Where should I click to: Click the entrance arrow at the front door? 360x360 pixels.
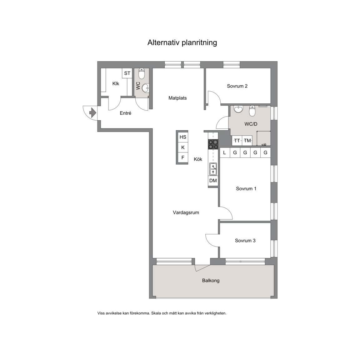[92, 113]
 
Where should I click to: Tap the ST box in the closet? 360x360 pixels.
[127, 73]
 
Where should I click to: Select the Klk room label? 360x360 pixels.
[116, 84]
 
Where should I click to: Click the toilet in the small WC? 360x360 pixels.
[142, 73]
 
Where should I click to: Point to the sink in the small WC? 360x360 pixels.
[145, 88]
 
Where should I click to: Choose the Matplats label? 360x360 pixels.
[177, 98]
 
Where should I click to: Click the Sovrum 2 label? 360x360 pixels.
[237, 86]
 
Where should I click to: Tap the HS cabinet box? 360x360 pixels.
[183, 137]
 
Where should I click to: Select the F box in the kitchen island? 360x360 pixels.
[183, 157]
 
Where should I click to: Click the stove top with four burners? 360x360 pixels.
[213, 144]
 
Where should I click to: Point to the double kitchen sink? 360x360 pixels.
[213, 169]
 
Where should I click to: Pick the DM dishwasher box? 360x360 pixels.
[213, 181]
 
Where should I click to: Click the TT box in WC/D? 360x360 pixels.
[237, 141]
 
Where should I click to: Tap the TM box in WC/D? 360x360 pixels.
[247, 141]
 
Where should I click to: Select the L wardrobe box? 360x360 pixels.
[225, 152]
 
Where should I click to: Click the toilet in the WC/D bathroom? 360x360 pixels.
[252, 111]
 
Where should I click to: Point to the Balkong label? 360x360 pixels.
[211, 281]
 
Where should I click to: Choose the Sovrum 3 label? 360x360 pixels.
[245, 241]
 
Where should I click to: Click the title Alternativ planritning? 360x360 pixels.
[182, 43]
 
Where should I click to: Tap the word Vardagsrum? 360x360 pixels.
[186, 212]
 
